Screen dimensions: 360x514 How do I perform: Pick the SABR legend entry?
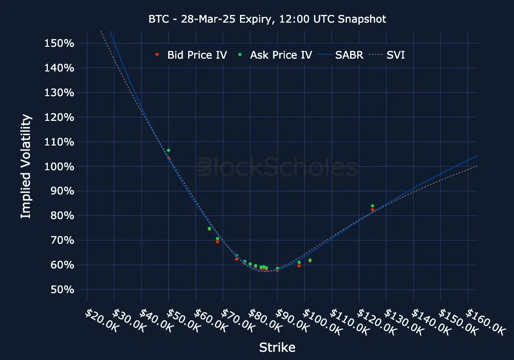coord(342,55)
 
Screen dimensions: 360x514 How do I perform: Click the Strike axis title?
coord(277,348)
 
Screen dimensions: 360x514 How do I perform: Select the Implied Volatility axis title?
coord(26,167)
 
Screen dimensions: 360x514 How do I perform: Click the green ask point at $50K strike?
coord(169,150)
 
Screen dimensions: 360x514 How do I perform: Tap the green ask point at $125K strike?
coord(372,206)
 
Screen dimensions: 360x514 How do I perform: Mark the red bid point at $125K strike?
coord(372,209)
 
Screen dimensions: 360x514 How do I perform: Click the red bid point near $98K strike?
coord(299,266)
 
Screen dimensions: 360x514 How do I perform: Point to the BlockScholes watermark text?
coord(278,168)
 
